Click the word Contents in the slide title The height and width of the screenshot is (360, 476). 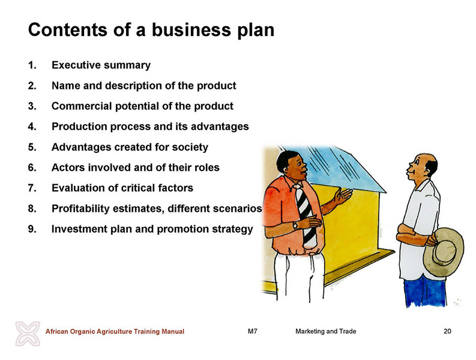click(67, 30)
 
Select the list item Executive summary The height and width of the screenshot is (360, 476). click(101, 65)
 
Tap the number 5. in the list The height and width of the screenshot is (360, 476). click(32, 147)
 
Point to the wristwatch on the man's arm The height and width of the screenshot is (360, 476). click(295, 226)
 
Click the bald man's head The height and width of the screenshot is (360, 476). click(423, 166)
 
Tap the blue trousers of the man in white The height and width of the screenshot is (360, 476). click(425, 291)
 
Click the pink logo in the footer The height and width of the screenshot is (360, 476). click(28, 334)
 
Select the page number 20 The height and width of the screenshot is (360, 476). click(447, 331)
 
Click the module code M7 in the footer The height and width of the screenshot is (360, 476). click(252, 331)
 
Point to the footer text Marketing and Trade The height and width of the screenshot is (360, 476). click(326, 331)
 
